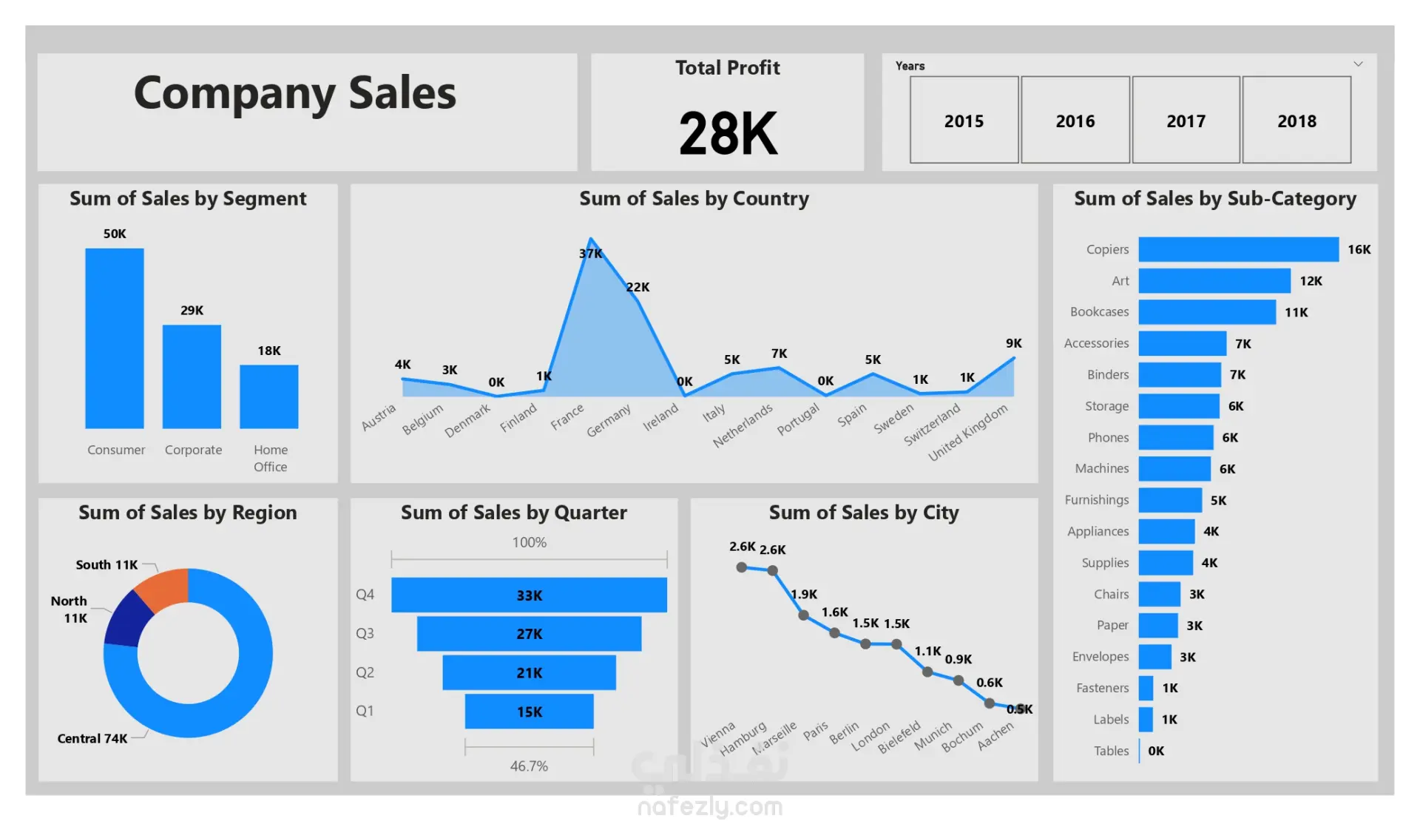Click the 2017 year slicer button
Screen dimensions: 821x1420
[x=1186, y=120]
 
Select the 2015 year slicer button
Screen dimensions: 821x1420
[x=964, y=120]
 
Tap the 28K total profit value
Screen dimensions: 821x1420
[x=728, y=134]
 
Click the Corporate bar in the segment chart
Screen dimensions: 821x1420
[x=192, y=376]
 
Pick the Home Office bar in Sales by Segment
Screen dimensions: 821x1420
[x=268, y=396]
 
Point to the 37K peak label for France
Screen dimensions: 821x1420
[x=590, y=254]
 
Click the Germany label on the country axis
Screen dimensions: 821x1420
[x=609, y=420]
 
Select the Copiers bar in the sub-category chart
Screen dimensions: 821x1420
[x=1238, y=249]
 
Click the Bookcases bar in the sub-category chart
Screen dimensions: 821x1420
[x=1207, y=312]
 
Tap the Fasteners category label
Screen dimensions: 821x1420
[x=1102, y=688]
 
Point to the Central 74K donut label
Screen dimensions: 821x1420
[x=92, y=738]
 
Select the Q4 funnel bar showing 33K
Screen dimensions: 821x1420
[x=529, y=595]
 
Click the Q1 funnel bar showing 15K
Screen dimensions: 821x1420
[x=529, y=711]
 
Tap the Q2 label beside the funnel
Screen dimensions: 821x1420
[x=365, y=672]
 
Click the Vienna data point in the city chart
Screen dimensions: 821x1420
[x=741, y=567]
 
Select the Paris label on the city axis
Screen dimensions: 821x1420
[x=816, y=731]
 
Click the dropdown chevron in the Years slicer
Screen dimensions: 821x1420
[x=1358, y=64]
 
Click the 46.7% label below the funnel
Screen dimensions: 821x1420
[x=529, y=766]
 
